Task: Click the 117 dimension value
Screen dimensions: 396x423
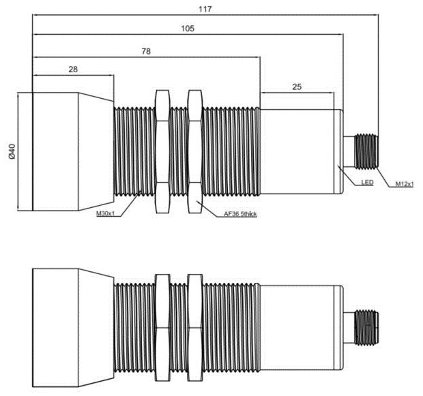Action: [205, 10]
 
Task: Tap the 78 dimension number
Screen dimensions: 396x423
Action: [145, 51]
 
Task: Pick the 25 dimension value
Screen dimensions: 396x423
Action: [297, 87]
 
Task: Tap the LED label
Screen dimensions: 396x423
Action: [368, 183]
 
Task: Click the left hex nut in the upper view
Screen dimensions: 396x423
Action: [163, 151]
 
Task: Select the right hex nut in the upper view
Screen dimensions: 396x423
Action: [194, 151]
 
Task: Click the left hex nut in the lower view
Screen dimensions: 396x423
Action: [163, 326]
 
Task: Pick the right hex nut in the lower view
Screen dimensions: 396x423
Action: [194, 326]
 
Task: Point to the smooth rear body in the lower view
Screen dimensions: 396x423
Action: [300, 326]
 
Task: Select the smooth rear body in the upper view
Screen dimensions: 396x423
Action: [300, 151]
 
